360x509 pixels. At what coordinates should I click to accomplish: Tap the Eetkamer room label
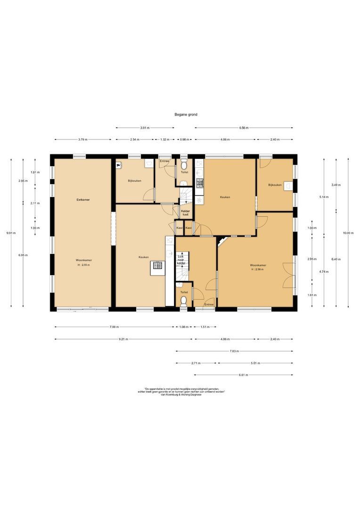(83, 200)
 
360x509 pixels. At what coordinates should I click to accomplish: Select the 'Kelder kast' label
(185, 213)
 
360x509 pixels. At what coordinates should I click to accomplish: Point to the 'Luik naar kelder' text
(181, 259)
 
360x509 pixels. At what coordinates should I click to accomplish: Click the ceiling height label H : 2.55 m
(83, 265)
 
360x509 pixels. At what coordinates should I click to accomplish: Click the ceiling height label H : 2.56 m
(258, 270)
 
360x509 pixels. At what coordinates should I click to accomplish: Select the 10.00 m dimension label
(348, 233)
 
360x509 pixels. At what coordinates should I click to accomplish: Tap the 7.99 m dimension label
(115, 327)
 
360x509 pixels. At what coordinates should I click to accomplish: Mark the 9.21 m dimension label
(123, 339)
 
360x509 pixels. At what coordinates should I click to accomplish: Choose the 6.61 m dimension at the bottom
(243, 375)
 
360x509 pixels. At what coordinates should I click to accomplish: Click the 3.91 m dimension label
(145, 128)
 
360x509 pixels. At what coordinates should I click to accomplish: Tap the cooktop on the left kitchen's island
(157, 268)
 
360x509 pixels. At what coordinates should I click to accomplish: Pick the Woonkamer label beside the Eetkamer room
(83, 260)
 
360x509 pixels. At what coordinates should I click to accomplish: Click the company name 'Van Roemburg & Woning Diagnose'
(181, 395)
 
